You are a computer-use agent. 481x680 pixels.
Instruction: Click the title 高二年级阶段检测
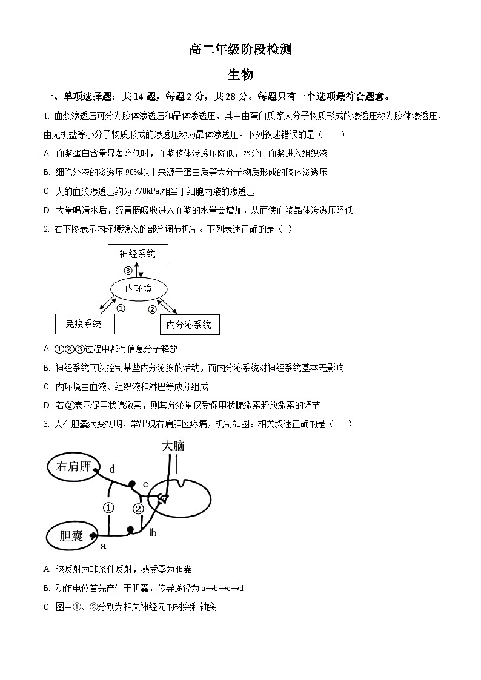(x=240, y=50)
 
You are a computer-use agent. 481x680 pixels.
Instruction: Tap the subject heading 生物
(x=240, y=74)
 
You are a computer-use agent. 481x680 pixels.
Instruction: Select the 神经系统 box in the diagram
(x=138, y=254)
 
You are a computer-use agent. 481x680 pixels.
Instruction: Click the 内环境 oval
(x=138, y=289)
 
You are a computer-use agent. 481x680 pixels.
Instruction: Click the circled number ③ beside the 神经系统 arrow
(x=128, y=271)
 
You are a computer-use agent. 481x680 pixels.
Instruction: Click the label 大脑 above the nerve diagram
(x=172, y=446)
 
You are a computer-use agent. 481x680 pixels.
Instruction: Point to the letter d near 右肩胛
(x=112, y=469)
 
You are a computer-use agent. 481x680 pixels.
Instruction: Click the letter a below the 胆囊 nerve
(x=103, y=546)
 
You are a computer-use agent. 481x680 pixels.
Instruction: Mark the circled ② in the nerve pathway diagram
(x=139, y=508)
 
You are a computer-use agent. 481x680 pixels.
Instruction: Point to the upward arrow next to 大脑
(x=176, y=465)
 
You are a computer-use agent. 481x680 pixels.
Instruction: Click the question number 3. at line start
(x=47, y=424)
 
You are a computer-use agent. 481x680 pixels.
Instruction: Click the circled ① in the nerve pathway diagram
(x=108, y=507)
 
